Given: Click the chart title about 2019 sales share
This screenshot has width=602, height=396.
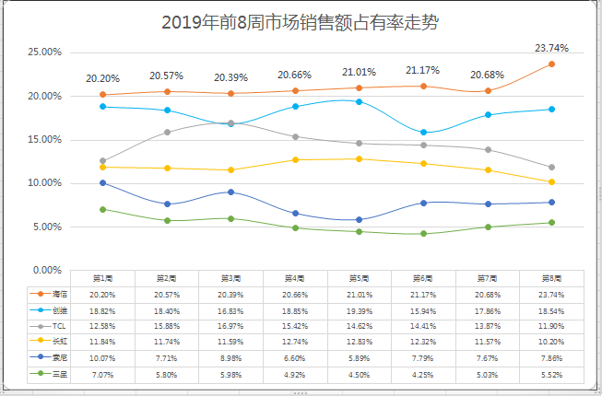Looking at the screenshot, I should click(300, 23).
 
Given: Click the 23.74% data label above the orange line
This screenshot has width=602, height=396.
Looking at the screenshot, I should click(551, 48).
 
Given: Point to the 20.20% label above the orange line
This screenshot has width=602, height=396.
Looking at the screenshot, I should click(102, 78).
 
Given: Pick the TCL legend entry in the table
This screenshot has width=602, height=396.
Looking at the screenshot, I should click(59, 326).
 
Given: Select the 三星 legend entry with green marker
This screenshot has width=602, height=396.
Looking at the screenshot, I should click(60, 374).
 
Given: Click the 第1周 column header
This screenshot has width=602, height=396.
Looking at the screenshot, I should click(102, 278).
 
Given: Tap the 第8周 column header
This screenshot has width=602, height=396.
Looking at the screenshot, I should click(551, 278).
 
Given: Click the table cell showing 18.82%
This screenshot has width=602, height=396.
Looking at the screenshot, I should click(102, 310).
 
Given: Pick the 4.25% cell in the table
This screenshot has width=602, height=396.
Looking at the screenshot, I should click(423, 374).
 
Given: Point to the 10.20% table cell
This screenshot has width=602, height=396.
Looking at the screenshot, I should click(551, 342).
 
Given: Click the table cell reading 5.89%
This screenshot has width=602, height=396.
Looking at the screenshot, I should click(359, 358).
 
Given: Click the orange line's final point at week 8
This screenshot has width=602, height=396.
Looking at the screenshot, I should click(551, 64).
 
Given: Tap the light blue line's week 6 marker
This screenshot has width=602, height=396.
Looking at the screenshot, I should click(423, 132).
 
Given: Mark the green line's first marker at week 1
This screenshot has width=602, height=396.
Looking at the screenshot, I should click(102, 209).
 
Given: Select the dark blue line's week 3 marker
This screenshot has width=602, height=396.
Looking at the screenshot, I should click(230, 192).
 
